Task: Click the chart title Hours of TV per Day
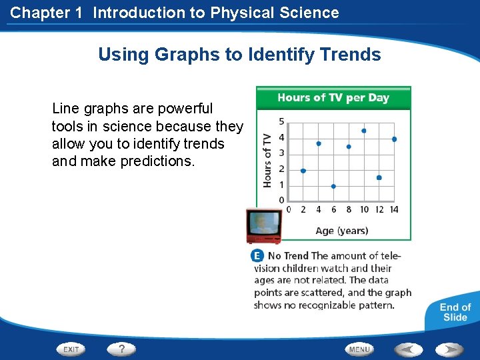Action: point(333,98)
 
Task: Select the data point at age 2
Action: point(303,171)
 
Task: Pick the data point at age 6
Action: point(333,187)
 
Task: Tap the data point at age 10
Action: point(364,131)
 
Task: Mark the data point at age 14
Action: point(394,139)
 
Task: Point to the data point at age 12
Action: point(379,177)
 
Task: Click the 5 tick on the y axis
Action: point(281,121)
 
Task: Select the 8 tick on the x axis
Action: point(349,210)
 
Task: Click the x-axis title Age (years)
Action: point(341,231)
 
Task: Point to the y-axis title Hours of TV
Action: point(267,160)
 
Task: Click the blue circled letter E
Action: point(257,256)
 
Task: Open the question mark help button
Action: point(122,349)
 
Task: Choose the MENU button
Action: point(359,349)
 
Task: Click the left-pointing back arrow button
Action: point(408,349)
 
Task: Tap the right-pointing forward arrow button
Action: point(450,349)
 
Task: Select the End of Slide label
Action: point(455,312)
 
